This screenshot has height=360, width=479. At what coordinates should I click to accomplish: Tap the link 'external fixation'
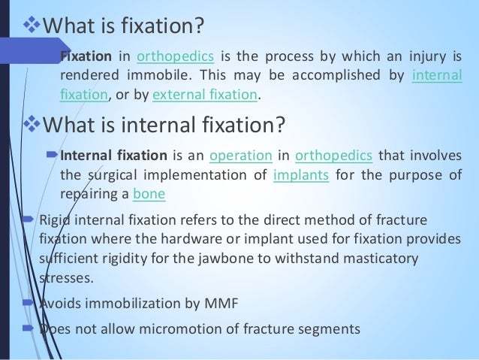(x=205, y=95)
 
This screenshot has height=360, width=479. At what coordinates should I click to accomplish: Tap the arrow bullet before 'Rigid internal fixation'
(x=29, y=220)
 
